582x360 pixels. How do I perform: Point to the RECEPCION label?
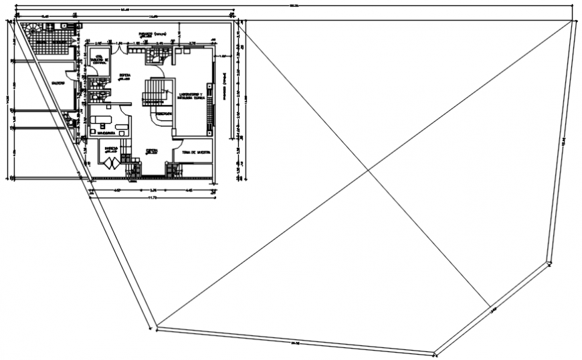(164, 114)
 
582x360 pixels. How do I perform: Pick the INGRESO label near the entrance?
(110, 149)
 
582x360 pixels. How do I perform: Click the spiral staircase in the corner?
(33, 29)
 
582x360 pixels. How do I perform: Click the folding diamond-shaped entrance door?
(110, 161)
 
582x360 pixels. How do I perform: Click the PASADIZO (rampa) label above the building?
(152, 33)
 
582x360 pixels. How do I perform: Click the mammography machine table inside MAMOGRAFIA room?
(102, 120)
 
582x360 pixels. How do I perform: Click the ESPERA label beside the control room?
(124, 76)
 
